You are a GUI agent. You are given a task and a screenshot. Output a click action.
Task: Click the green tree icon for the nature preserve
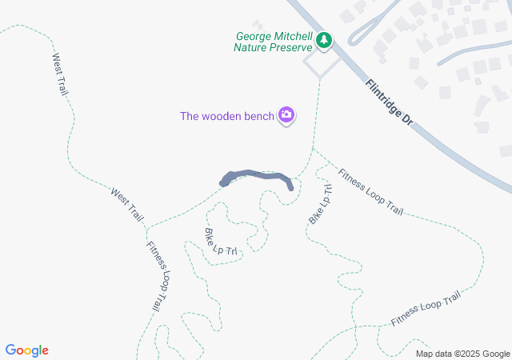[x=324, y=40]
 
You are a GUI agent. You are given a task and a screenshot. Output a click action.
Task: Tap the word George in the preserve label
[x=254, y=36]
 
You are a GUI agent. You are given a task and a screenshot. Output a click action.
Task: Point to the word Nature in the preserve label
[x=251, y=47]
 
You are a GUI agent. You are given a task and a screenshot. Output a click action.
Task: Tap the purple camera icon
[x=286, y=116]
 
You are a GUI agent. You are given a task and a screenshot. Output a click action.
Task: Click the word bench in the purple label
[x=260, y=116]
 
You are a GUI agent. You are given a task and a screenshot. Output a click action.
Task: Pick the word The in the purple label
[x=189, y=116]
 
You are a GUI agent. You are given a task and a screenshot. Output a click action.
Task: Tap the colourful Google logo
[x=27, y=350]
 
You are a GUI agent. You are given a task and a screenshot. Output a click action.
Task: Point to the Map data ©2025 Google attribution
[x=462, y=354]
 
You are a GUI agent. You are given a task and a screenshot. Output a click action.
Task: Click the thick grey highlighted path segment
[x=256, y=175]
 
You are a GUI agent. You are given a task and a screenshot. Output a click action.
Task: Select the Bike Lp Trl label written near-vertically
[x=319, y=203]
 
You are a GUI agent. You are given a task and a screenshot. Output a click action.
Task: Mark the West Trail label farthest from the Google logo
[x=60, y=74]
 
